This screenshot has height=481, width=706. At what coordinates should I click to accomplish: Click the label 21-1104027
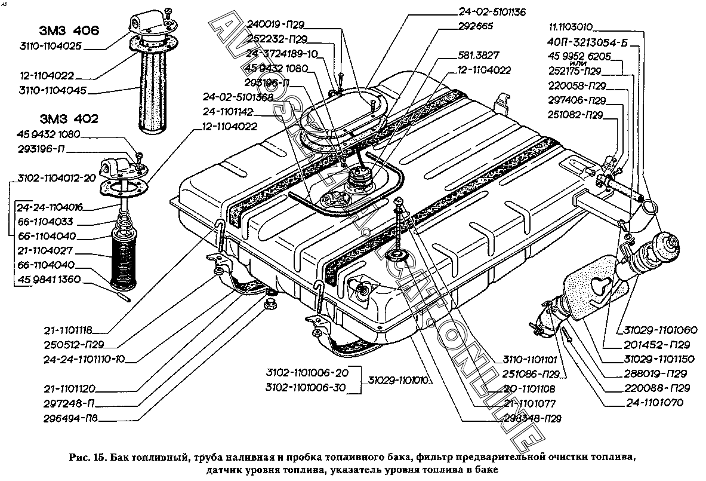pos(47,252)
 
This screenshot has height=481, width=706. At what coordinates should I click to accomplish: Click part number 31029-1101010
pos(399,379)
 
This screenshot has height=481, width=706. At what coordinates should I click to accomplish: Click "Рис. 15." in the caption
pos(88,458)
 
